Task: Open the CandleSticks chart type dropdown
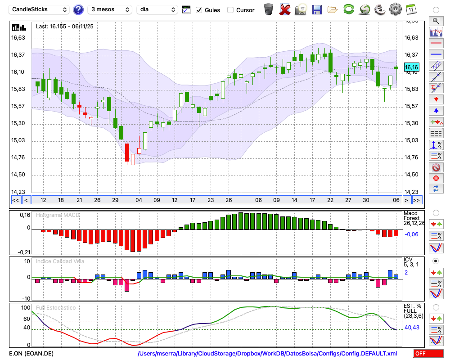40,9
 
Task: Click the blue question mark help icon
78,9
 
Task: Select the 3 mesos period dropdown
110,9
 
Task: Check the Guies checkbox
199,10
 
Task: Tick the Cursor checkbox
230,10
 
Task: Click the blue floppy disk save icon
317,9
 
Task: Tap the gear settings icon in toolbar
395,9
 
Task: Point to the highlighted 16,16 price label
411,67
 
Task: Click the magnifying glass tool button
436,21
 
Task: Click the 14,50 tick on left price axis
18,175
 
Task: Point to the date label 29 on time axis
115,200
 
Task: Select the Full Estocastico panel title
56,308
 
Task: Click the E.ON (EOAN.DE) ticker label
31,353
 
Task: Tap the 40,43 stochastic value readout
412,327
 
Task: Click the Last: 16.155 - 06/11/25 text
65,27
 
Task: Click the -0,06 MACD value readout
411,234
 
